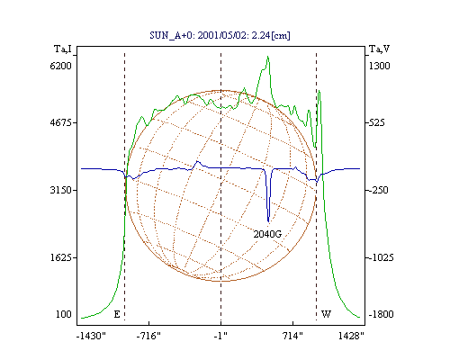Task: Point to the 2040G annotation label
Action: pyautogui.click(x=267, y=234)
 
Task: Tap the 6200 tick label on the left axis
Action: pyautogui.click(x=61, y=66)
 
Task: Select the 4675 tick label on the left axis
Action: pyautogui.click(x=61, y=122)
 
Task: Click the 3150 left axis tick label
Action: pyautogui.click(x=61, y=190)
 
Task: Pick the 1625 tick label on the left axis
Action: pyautogui.click(x=61, y=257)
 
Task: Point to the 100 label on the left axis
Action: pyautogui.click(x=64, y=314)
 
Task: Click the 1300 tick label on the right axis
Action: pyautogui.click(x=379, y=66)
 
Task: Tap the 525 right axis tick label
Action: pyautogui.click(x=377, y=122)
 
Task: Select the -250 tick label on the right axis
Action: pyautogui.click(x=378, y=190)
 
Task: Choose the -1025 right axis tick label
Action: pyautogui.click(x=381, y=257)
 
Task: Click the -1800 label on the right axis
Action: pyautogui.click(x=381, y=314)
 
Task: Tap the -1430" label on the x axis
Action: pyautogui.click(x=91, y=336)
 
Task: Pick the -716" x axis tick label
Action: pyautogui.click(x=148, y=336)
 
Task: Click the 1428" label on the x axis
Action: pyautogui.click(x=351, y=336)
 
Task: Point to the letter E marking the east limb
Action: pyautogui.click(x=117, y=314)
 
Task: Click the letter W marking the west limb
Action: pyautogui.click(x=326, y=314)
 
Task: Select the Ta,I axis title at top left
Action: pyautogui.click(x=63, y=49)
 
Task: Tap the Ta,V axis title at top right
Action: pyautogui.click(x=379, y=49)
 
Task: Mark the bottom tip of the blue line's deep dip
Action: pyautogui.click(x=268, y=222)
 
